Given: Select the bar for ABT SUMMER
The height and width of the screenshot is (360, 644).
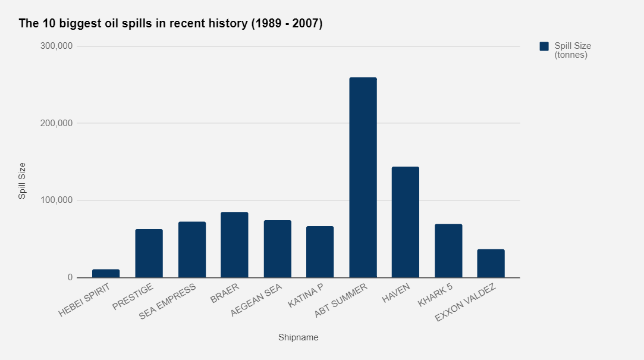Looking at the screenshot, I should [363, 177].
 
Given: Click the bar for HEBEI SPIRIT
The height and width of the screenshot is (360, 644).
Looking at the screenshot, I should [106, 274].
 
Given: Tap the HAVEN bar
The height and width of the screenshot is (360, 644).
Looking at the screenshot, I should [406, 222].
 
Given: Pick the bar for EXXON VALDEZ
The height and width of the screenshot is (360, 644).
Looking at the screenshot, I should [491, 263].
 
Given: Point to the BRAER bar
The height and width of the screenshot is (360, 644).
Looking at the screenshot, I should [234, 245].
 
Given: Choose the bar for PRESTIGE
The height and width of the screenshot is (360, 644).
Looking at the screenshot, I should [149, 253].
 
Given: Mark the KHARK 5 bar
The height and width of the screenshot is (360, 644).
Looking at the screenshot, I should [448, 251].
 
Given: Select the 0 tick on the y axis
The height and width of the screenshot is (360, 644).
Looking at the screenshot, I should [70, 277].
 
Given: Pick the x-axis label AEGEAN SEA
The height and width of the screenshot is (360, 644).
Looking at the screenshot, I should [256, 301].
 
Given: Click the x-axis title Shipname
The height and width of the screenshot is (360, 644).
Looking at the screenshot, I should [298, 337].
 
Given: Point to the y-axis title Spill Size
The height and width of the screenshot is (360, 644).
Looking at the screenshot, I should [22, 180].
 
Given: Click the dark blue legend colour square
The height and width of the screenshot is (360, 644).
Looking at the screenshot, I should [544, 46].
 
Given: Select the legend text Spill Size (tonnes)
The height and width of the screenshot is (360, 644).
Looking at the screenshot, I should [572, 51].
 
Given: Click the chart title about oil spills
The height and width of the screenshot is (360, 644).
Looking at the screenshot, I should [171, 24].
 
